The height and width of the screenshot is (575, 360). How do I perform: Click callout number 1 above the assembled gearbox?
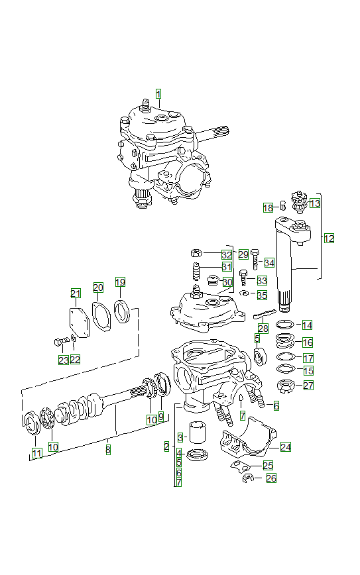(x=158, y=93)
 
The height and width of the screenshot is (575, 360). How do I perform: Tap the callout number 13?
(x=314, y=203)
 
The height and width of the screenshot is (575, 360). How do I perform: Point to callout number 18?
(x=268, y=207)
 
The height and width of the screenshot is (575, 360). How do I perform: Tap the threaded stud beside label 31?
(x=197, y=272)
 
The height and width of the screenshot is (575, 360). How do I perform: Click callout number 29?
(x=243, y=254)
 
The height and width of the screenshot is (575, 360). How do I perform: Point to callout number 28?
(x=263, y=328)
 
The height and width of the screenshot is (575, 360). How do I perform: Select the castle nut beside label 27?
(x=285, y=385)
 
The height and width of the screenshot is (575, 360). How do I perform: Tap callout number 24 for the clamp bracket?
(x=285, y=447)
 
